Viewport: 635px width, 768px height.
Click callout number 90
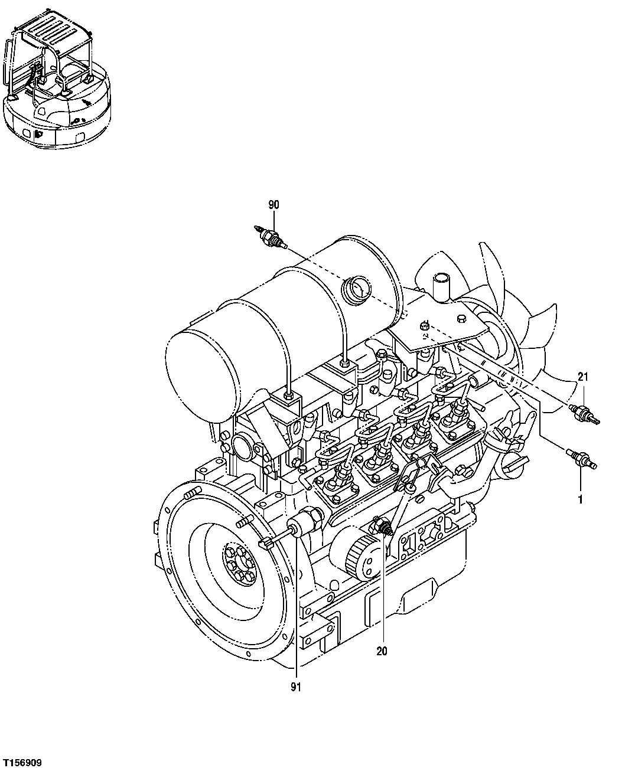point(273,205)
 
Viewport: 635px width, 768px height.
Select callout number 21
point(583,376)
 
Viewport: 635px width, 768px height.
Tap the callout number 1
point(580,499)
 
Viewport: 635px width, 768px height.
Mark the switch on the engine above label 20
point(383,527)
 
